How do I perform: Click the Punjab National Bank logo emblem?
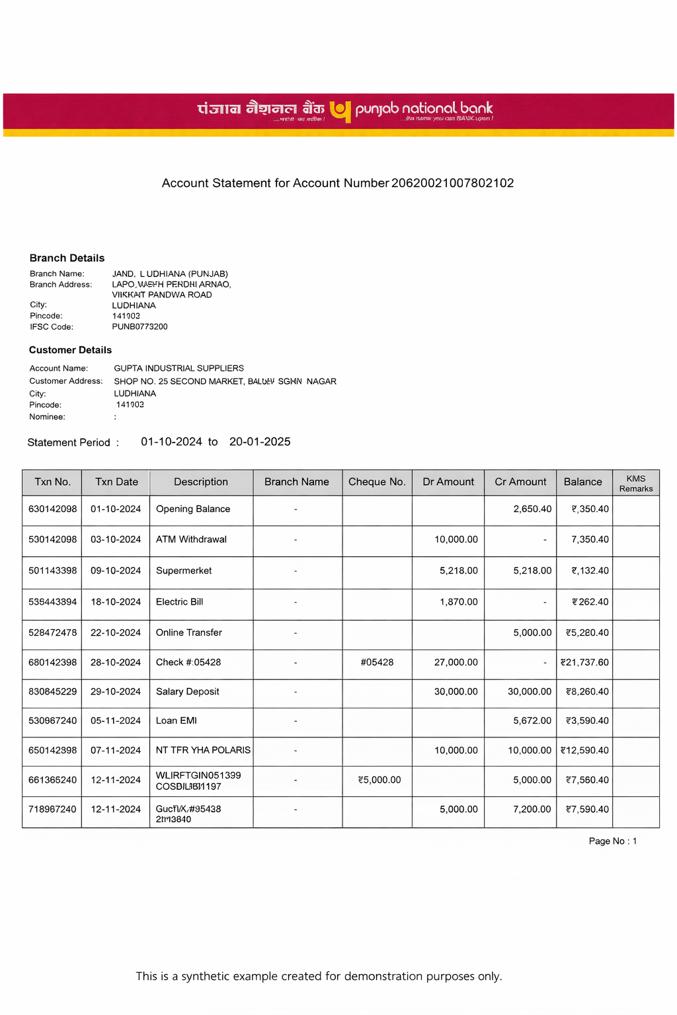pos(340,111)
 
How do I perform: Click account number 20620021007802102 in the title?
pos(452,183)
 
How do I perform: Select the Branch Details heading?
pos(67,258)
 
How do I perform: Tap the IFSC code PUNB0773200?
pos(139,326)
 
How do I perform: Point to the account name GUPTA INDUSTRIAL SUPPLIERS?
pos(179,368)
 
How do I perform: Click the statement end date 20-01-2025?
pos(260,441)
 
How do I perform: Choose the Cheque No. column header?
pos(377,482)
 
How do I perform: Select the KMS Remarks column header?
pos(635,483)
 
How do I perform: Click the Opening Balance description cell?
pos(193,509)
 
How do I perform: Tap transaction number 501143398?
pos(52,570)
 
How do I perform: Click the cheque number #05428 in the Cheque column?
pos(377,662)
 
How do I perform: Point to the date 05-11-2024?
pos(116,720)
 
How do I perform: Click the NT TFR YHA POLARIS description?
pos(203,750)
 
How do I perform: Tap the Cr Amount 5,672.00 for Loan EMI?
pos(532,720)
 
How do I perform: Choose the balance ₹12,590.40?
pos(584,750)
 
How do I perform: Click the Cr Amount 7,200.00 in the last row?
pos(532,809)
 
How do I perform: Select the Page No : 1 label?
pos(612,841)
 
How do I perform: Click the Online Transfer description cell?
pos(188,632)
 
